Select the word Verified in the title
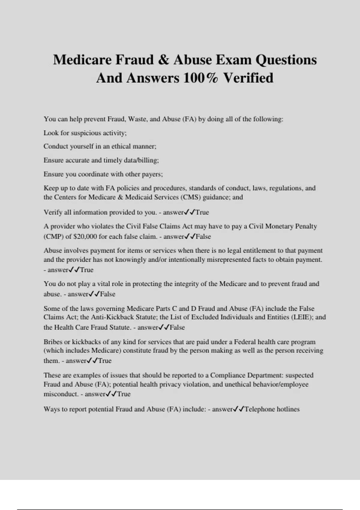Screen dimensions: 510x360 point(248,78)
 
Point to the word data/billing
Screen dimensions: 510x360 point(143,160)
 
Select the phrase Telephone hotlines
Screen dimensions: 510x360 point(272,409)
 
